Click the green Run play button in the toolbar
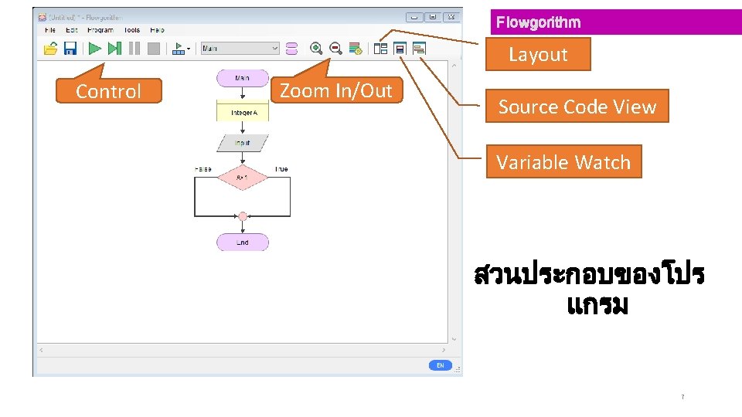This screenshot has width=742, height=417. [94, 49]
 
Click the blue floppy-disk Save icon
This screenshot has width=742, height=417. [70, 49]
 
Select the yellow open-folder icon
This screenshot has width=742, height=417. [50, 49]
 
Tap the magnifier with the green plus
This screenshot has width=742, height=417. [316, 49]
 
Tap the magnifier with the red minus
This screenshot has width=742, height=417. [336, 49]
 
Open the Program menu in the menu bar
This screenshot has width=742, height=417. [100, 30]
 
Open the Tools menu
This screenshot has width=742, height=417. [132, 30]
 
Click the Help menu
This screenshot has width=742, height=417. [157, 30]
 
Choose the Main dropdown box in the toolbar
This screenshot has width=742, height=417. [240, 49]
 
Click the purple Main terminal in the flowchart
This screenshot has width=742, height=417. [243, 78]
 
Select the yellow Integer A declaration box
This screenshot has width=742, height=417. [243, 113]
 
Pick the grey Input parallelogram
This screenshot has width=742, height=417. [243, 143]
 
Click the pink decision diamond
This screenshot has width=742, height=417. [243, 177]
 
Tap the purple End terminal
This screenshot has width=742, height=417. [243, 242]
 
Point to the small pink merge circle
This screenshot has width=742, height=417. [243, 216]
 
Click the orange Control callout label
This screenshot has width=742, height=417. [109, 91]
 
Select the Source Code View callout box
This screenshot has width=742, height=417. [577, 107]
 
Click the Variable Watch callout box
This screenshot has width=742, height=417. [563, 162]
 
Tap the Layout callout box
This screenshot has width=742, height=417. [538, 55]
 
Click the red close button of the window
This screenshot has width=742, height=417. [451, 17]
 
